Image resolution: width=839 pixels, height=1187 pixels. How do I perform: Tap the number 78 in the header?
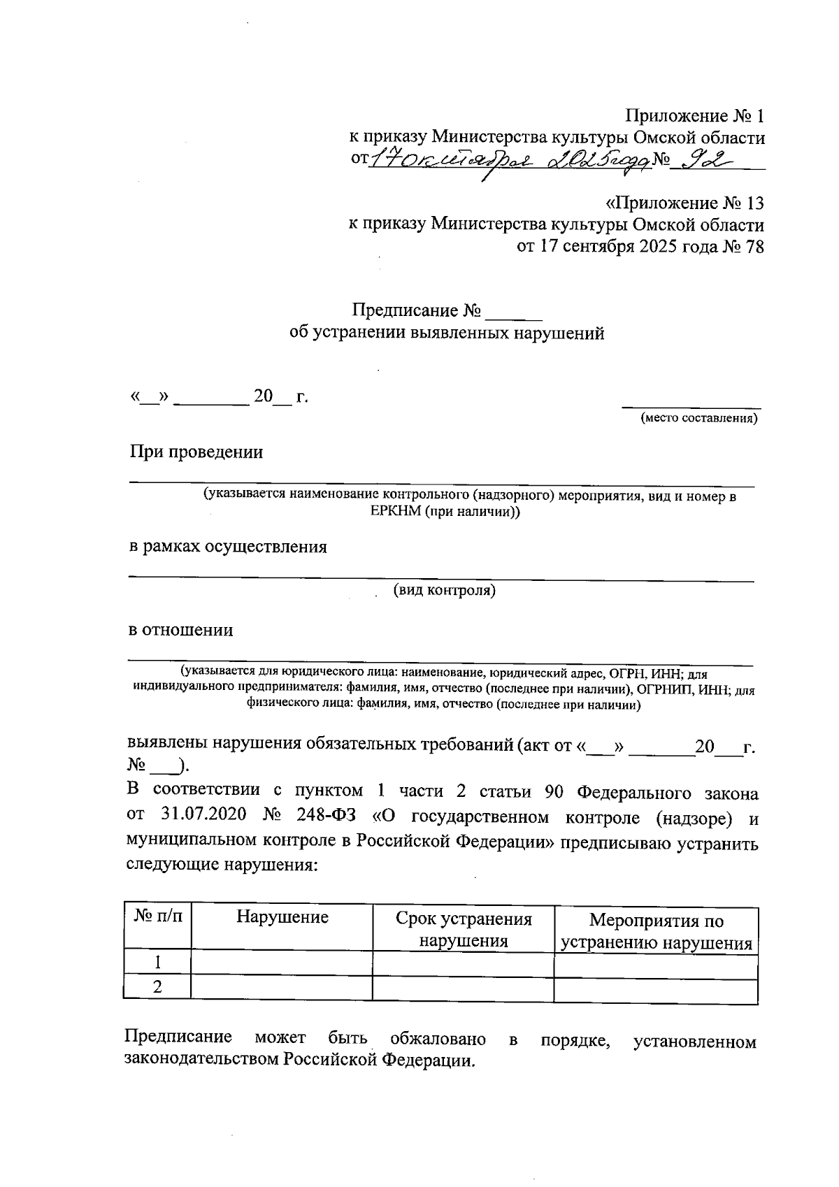pyautogui.click(x=754, y=247)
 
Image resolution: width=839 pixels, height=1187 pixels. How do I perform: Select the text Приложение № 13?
pyautogui.click(x=684, y=203)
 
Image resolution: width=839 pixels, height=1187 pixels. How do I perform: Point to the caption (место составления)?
pyautogui.click(x=698, y=419)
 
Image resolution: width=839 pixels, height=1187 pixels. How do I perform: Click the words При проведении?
pyautogui.click(x=196, y=452)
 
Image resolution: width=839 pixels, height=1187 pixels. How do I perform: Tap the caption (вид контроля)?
pyautogui.click(x=445, y=591)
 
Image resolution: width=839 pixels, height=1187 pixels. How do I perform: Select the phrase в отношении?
pyautogui.click(x=181, y=630)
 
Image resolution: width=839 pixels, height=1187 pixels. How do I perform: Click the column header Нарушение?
pyautogui.click(x=282, y=917)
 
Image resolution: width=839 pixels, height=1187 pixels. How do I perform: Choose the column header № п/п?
pyautogui.click(x=158, y=916)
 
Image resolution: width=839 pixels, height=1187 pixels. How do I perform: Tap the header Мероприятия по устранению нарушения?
pyautogui.click(x=657, y=932)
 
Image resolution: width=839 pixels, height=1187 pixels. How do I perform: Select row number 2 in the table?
pyautogui.click(x=158, y=987)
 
